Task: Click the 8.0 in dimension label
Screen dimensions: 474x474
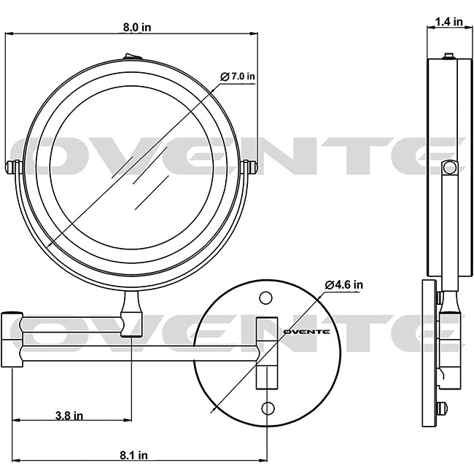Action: point(137,27)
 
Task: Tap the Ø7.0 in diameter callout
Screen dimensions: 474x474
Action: point(238,77)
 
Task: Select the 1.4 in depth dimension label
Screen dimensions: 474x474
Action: point(449,21)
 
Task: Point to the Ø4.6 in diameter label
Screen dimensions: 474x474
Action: point(344,284)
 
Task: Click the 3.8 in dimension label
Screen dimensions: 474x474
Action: point(69,416)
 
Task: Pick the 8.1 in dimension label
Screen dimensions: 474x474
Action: point(134,455)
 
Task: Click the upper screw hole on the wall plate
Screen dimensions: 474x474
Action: point(265,298)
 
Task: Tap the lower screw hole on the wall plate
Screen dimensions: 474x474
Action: point(268,408)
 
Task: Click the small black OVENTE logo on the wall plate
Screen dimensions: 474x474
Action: point(306,332)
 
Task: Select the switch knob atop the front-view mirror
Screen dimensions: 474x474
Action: point(133,56)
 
